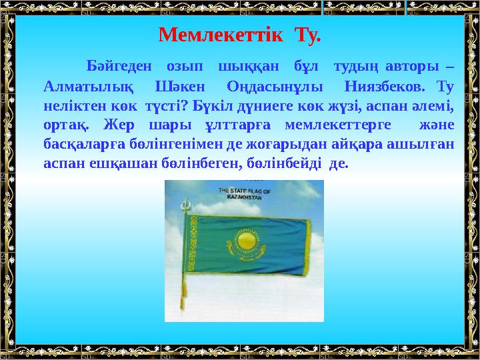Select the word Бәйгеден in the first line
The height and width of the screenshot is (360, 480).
117,67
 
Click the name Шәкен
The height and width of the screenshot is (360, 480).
181,87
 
